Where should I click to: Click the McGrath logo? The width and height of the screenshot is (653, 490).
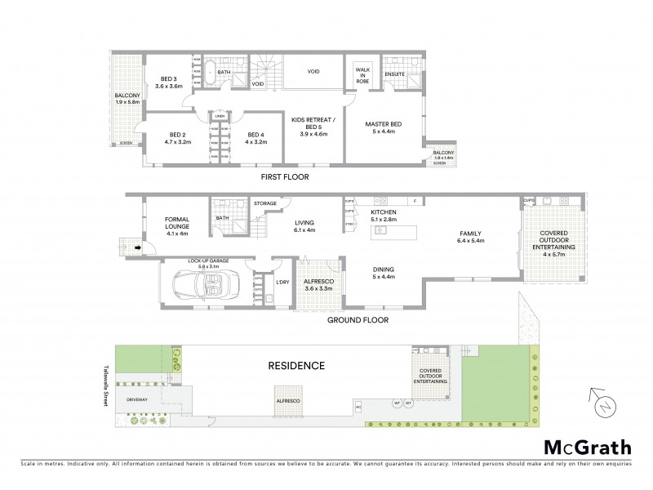click(x=587, y=447)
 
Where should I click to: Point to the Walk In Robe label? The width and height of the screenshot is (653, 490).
click(x=362, y=74)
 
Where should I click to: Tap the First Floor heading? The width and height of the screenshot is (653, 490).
click(x=285, y=176)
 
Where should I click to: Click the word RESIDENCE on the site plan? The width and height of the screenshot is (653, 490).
click(x=296, y=366)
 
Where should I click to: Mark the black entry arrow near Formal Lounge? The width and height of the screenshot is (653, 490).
click(x=137, y=247)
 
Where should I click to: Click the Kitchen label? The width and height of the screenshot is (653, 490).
click(x=383, y=215)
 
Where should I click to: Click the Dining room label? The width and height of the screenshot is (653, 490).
click(x=384, y=273)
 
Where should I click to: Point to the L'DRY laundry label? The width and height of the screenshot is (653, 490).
click(x=282, y=282)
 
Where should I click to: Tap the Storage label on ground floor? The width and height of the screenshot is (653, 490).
click(x=265, y=203)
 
